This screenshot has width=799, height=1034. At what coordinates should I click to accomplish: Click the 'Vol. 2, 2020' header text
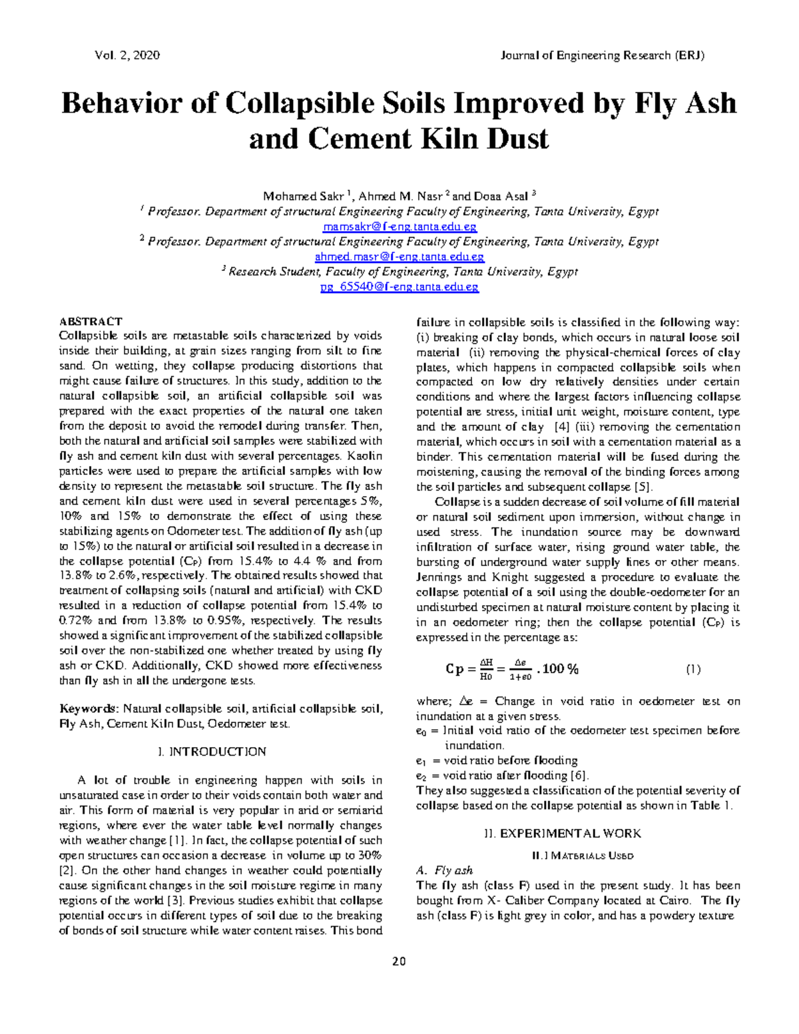(127, 55)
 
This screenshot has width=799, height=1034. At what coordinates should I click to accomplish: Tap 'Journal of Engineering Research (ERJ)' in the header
(602, 55)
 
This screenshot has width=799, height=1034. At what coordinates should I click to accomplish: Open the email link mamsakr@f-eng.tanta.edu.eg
(398, 226)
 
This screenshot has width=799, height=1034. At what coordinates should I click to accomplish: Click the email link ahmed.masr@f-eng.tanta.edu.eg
(399, 256)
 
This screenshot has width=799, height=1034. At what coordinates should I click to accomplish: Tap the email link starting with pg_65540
(399, 287)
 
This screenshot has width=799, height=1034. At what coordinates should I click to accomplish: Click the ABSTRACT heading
(91, 322)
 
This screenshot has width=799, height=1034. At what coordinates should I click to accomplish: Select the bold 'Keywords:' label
(89, 709)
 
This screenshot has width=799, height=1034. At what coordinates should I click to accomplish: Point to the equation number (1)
(693, 669)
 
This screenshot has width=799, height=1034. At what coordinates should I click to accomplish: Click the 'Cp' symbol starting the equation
(455, 670)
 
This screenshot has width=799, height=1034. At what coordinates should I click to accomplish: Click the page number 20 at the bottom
(399, 961)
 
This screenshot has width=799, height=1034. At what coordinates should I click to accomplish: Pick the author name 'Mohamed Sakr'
(303, 196)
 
